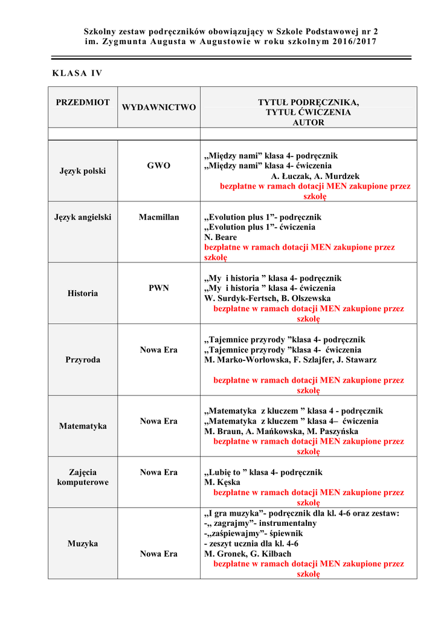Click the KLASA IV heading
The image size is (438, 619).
(x=78, y=74)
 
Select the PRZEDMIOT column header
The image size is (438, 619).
(x=83, y=102)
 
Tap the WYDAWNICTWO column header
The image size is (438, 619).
(x=159, y=108)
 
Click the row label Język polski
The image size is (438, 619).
(x=83, y=171)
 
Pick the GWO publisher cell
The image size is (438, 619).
(x=159, y=165)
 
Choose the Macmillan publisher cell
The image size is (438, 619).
(x=159, y=217)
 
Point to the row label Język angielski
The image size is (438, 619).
(x=83, y=217)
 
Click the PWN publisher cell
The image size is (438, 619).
(x=159, y=288)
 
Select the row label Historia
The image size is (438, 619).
(x=83, y=293)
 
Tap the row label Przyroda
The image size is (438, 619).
(x=83, y=360)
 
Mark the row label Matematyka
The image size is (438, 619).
(x=83, y=426)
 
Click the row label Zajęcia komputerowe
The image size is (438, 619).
(x=83, y=478)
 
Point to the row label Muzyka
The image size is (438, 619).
(x=83, y=543)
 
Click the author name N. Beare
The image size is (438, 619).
(x=221, y=238)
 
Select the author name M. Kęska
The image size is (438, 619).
(x=222, y=482)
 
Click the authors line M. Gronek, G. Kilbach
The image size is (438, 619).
(x=248, y=554)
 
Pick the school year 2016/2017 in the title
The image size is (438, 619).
(x=353, y=41)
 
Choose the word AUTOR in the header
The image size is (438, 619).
(x=308, y=123)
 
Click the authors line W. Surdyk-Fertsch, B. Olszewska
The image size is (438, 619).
(x=268, y=298)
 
